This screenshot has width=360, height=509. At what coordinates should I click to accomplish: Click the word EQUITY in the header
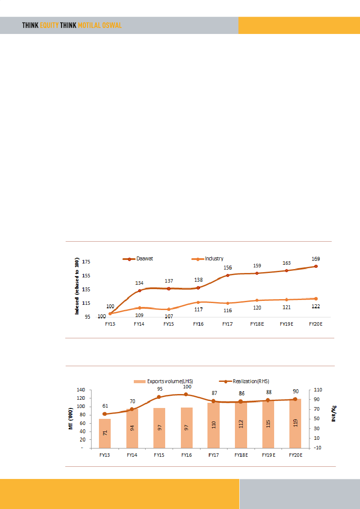(x=49, y=26)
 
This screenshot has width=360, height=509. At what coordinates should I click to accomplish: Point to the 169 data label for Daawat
(x=315, y=259)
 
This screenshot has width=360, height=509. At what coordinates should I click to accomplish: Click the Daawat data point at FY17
(x=228, y=275)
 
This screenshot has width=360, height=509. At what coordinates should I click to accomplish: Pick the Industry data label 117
(x=198, y=310)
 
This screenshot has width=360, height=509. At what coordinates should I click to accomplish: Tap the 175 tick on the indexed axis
(x=86, y=262)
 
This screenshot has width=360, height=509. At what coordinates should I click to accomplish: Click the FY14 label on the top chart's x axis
(x=139, y=324)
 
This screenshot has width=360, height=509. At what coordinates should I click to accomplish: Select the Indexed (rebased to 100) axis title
(x=77, y=286)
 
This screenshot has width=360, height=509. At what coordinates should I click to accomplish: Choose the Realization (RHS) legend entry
(x=248, y=381)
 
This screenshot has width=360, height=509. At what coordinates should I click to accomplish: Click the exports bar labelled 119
(x=295, y=423)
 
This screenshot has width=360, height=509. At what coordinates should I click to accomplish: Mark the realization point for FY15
(x=159, y=397)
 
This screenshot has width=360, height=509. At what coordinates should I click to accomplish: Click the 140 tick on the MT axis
(x=82, y=390)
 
